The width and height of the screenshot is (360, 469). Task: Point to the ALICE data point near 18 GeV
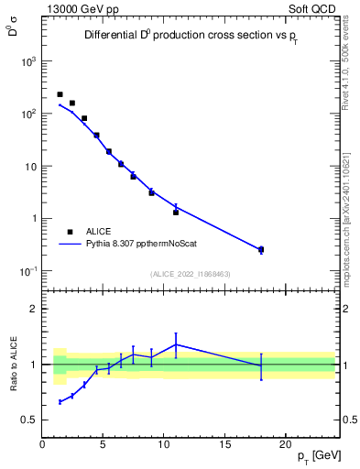(x=261, y=249)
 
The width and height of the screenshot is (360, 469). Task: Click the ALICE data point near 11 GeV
(x=176, y=212)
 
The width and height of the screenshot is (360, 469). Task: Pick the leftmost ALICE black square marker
(x=60, y=94)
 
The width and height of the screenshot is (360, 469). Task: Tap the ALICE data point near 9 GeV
(x=151, y=192)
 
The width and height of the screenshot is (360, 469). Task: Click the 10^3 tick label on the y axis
(x=28, y=61)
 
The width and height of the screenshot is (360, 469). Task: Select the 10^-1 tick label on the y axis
(x=28, y=271)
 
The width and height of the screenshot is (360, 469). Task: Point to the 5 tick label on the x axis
(x=103, y=445)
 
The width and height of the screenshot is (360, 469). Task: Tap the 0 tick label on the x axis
(x=42, y=445)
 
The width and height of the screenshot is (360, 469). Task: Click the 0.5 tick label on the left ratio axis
(x=27, y=420)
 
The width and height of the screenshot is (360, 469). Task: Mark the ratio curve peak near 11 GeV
(x=176, y=344)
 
